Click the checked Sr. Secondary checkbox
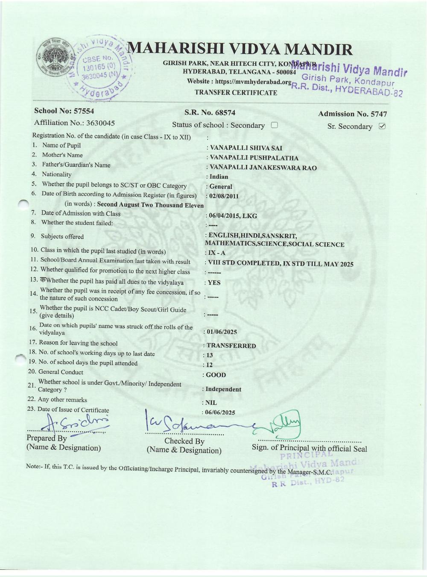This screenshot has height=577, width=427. point(382,126)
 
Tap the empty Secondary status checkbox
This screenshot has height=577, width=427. point(274,125)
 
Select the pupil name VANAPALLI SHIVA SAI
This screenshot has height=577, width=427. point(246,148)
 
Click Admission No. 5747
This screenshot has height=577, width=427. point(352,114)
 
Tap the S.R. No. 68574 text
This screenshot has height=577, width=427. point(210,113)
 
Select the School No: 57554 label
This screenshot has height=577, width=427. point(64,111)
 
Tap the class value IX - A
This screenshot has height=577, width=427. point(216,253)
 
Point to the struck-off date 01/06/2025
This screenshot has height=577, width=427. point(221,332)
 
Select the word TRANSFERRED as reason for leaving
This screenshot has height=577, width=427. point(231,346)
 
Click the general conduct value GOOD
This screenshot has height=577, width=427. point(216,375)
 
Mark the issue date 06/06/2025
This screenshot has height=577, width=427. point(220,412)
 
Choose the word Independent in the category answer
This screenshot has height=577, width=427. point(223,389)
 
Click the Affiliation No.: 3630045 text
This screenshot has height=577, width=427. point(74,123)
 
